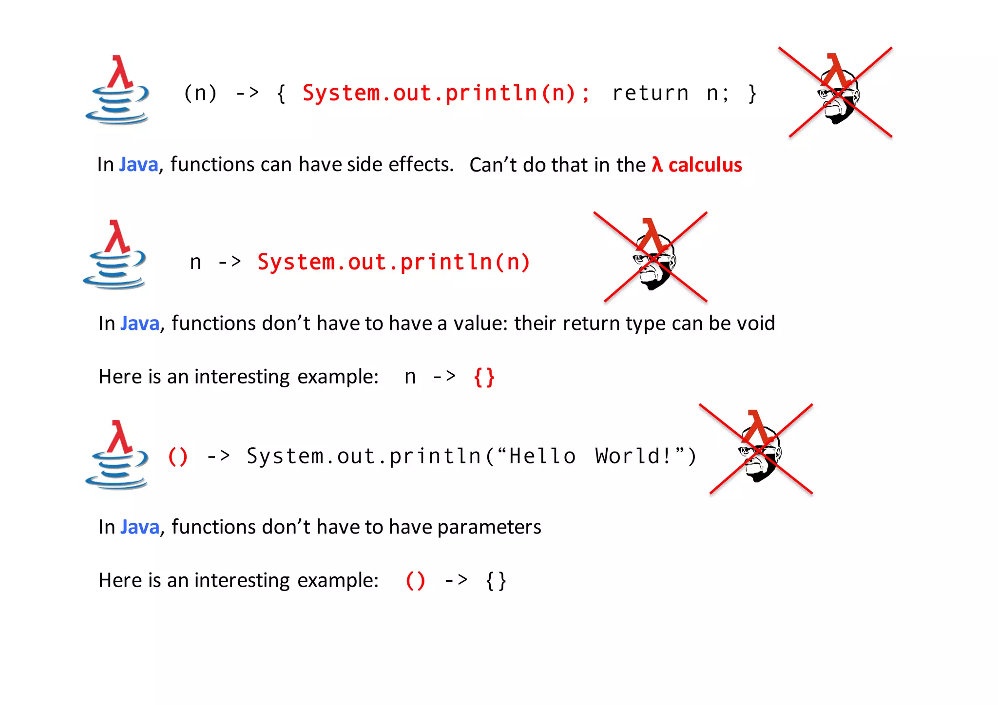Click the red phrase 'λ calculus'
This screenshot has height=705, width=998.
coord(697,165)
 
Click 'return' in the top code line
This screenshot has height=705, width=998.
coord(650,93)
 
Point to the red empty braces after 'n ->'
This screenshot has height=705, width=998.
coord(484,377)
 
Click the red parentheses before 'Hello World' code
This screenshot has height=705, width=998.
coord(177,457)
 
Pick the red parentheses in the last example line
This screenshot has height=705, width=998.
coord(415,581)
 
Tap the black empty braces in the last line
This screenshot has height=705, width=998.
coord(496,581)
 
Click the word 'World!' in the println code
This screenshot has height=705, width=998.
coord(634,457)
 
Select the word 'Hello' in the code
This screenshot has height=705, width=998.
coord(542,457)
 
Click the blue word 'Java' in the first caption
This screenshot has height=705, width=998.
coord(139,165)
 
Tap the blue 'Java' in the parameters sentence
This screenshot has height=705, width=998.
coord(140,527)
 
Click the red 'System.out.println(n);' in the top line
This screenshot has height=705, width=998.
coord(446,93)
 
